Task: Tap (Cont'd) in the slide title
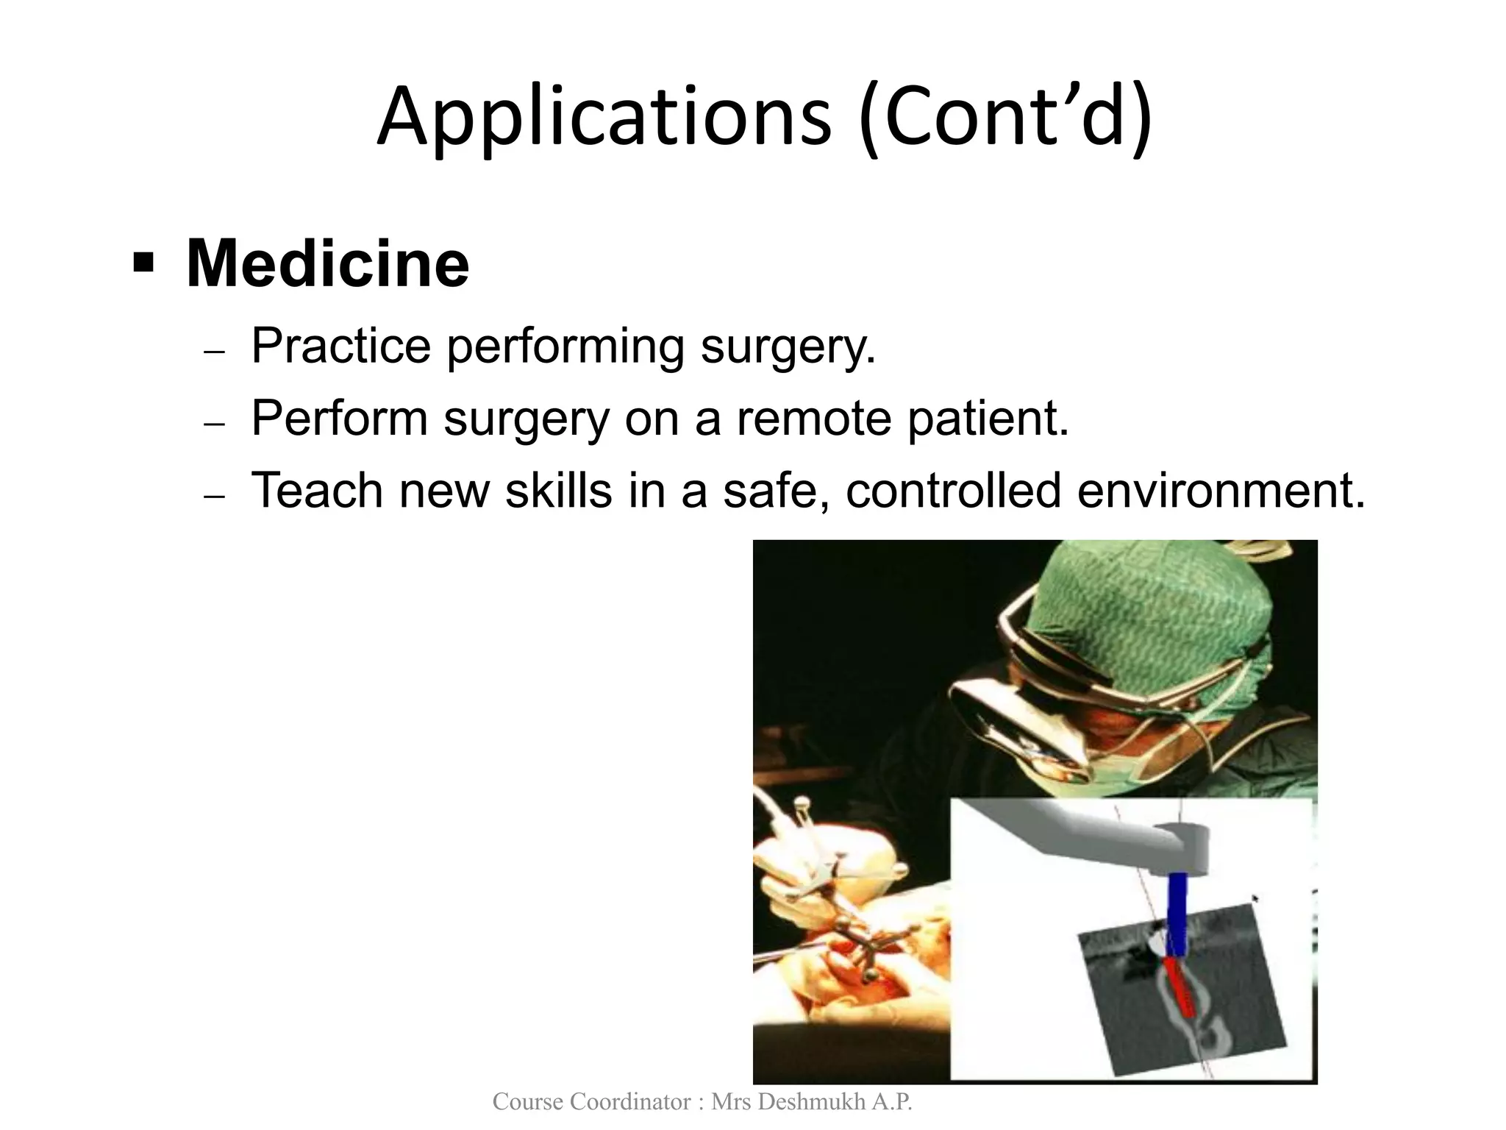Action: tap(1004, 118)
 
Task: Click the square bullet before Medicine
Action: tap(143, 262)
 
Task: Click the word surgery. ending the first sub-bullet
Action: tap(788, 347)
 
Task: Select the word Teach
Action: tap(317, 490)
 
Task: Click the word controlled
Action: tap(953, 490)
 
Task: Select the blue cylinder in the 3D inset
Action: tap(1177, 912)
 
